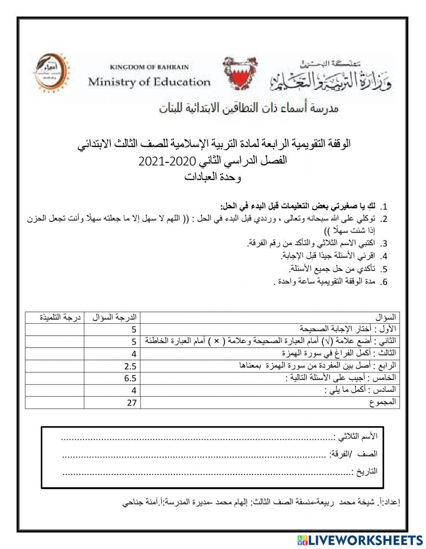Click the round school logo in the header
point(51,72)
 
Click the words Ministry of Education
point(149,82)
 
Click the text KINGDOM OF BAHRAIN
point(149,67)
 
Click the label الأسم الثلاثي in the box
point(357,436)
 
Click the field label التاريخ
point(366,471)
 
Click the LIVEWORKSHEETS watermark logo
point(360,540)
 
